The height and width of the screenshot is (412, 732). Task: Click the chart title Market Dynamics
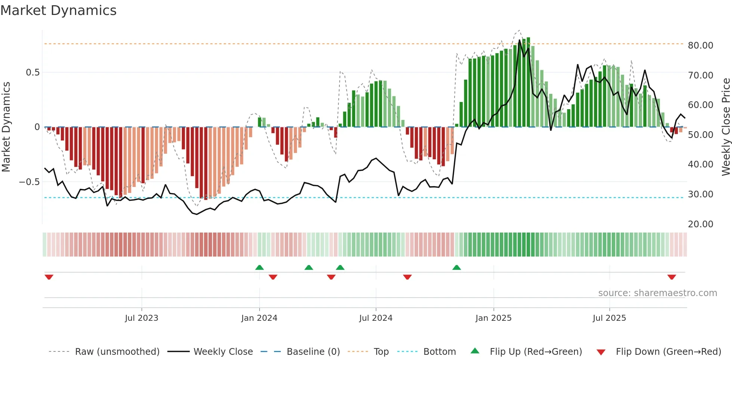tap(59, 10)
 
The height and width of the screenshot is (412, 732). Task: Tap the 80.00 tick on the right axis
tap(700, 45)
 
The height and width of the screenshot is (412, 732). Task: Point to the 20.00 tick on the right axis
tap(700, 224)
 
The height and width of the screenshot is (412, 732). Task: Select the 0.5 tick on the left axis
tap(32, 72)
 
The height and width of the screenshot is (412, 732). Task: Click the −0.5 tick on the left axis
tap(30, 182)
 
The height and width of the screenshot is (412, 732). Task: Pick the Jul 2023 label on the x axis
tap(142, 318)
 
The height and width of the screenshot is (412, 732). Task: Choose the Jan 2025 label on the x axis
tap(493, 318)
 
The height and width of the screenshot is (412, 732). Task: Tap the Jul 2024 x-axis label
tap(376, 318)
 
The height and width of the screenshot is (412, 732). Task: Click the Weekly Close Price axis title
tap(726, 127)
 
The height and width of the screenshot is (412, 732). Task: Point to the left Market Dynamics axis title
tap(6, 127)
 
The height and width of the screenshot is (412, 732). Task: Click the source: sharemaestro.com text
tap(657, 293)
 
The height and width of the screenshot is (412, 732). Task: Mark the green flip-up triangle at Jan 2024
tap(260, 267)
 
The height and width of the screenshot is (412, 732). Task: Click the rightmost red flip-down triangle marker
tap(671, 277)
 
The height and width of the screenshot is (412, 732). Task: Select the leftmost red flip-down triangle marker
tap(49, 277)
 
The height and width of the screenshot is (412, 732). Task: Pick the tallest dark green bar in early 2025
tap(528, 82)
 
